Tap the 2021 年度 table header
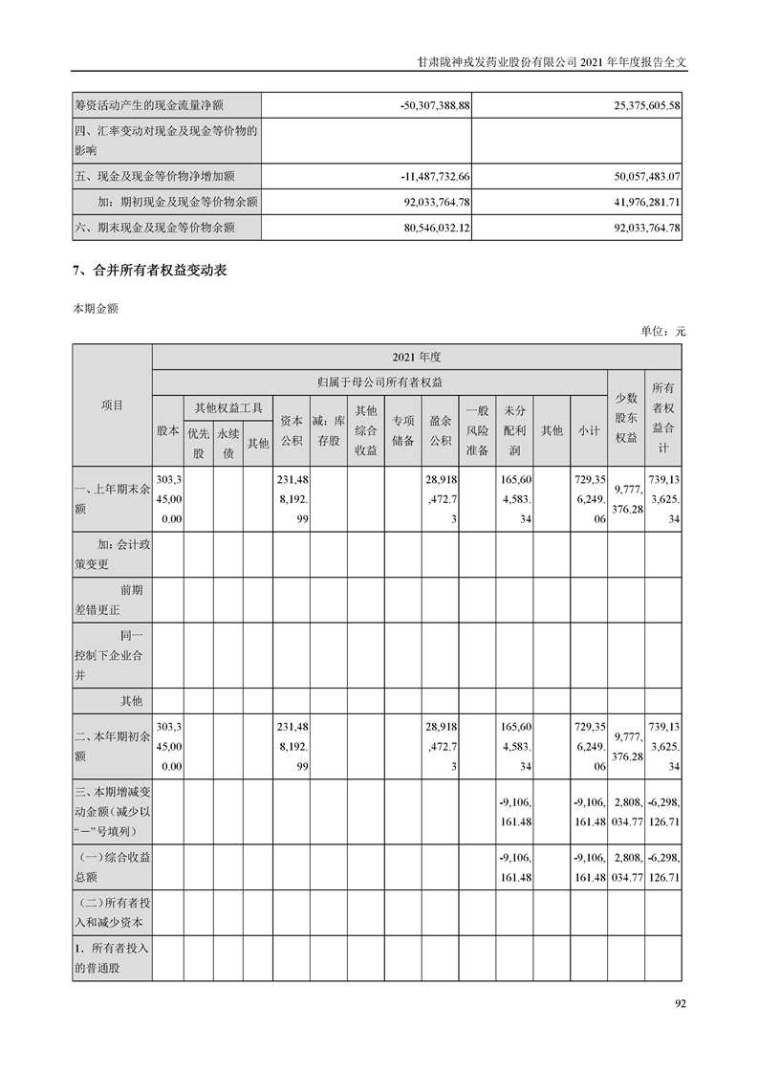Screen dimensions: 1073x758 click(417, 357)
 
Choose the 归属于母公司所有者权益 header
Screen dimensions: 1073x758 click(380, 382)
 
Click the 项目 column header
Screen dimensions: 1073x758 click(112, 405)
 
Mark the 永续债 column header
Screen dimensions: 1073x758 click(227, 443)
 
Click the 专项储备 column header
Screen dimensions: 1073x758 click(402, 430)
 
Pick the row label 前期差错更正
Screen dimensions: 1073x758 click(112, 600)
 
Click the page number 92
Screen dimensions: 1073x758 click(681, 1003)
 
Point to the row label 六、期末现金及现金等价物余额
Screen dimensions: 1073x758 click(155, 228)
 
